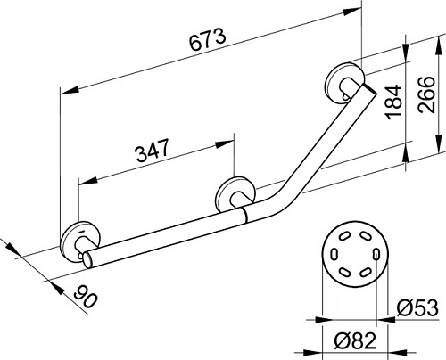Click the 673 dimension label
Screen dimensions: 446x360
tap(208, 39)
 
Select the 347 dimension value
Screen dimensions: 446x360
tap(153, 150)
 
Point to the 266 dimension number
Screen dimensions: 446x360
tap(425, 94)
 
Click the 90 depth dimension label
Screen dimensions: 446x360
tap(86, 296)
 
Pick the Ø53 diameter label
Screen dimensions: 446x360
tap(417, 307)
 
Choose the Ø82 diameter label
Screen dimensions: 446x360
tap(355, 340)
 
